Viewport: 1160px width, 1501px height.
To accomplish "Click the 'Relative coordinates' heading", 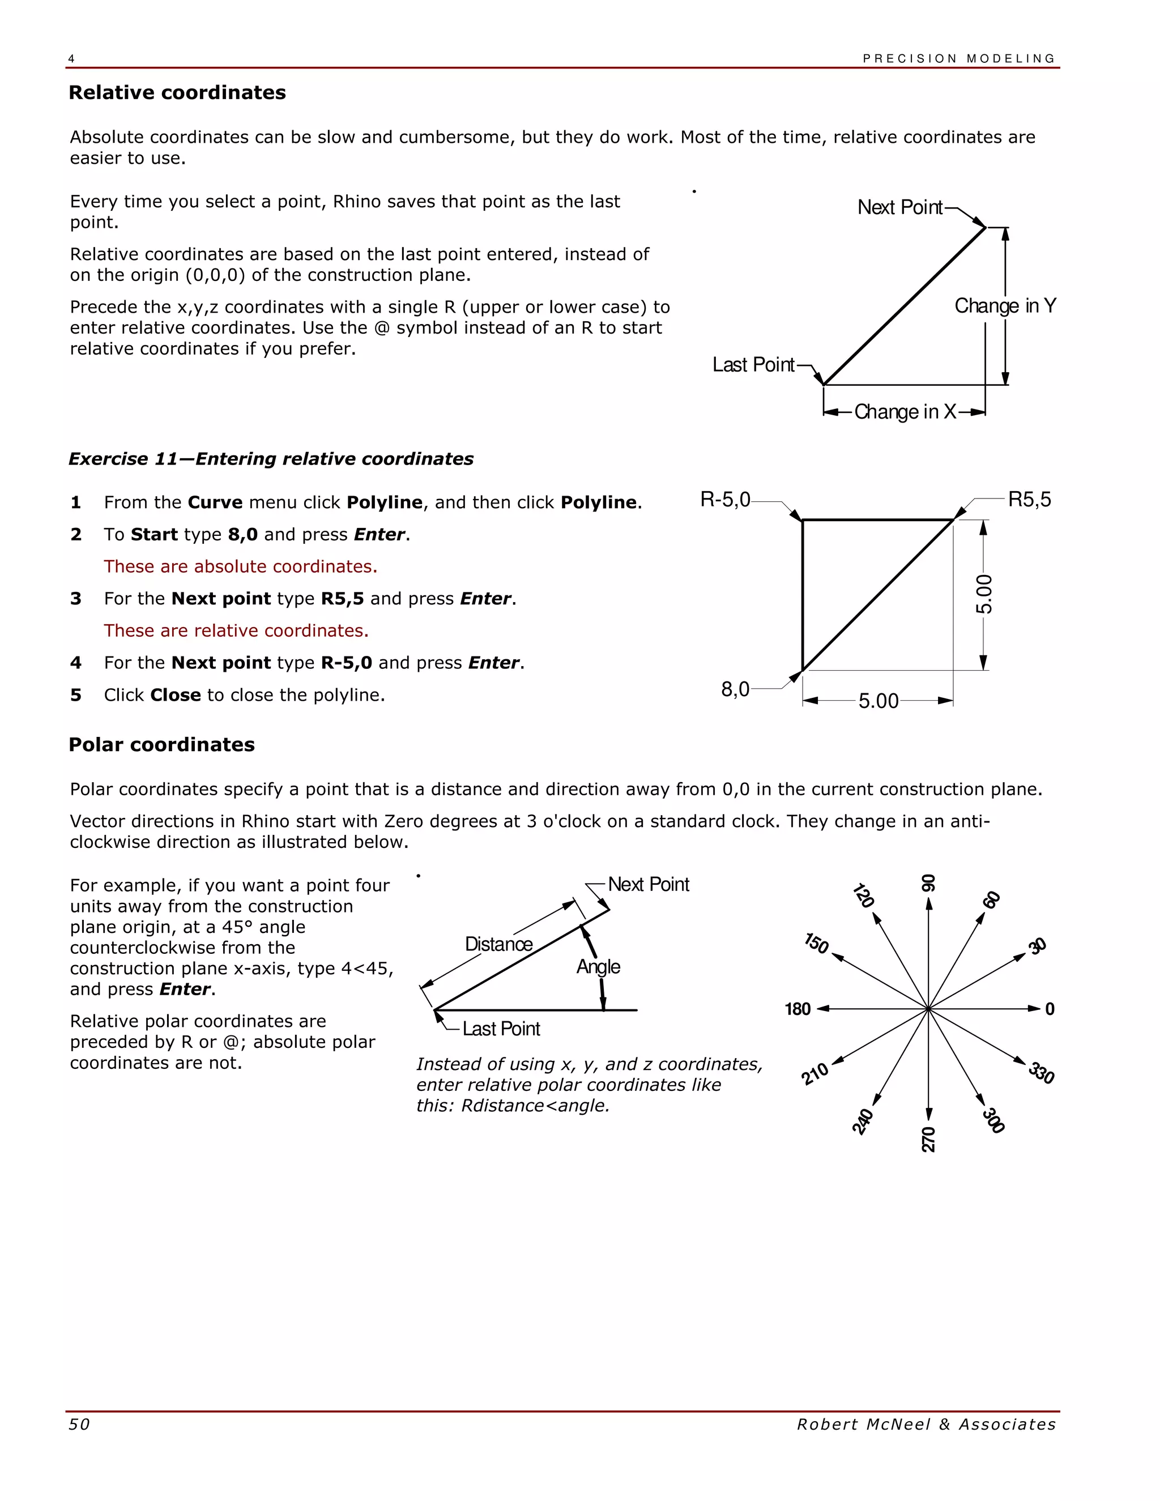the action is (177, 93).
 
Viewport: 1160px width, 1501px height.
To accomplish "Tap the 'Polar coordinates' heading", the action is (161, 744).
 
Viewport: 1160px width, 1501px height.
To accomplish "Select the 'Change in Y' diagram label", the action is (1005, 306).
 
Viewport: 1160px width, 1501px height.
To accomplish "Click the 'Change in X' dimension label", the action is (905, 412).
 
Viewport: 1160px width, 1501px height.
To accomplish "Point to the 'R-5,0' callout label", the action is (725, 500).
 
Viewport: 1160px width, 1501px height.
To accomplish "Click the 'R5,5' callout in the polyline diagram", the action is (1029, 500).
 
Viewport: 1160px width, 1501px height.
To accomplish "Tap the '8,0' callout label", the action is (735, 689).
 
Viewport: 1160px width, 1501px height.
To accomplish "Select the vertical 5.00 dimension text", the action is (984, 595).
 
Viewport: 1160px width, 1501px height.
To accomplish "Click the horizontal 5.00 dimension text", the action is (878, 701).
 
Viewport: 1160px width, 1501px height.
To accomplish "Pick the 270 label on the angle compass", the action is (928, 1140).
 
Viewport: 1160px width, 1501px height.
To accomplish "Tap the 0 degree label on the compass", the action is (1050, 1009).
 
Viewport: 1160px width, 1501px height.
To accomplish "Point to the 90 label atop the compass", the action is (928, 882).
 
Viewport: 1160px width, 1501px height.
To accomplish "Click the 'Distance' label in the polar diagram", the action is (499, 944).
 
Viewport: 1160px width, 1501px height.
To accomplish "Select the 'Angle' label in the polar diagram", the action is (598, 967).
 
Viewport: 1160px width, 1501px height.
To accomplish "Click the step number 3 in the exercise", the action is (75, 599).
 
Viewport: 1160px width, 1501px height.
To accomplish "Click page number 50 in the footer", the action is (79, 1424).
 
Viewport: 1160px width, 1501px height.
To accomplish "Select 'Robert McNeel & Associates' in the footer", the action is (926, 1424).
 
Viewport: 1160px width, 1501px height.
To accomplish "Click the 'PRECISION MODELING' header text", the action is (959, 58).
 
